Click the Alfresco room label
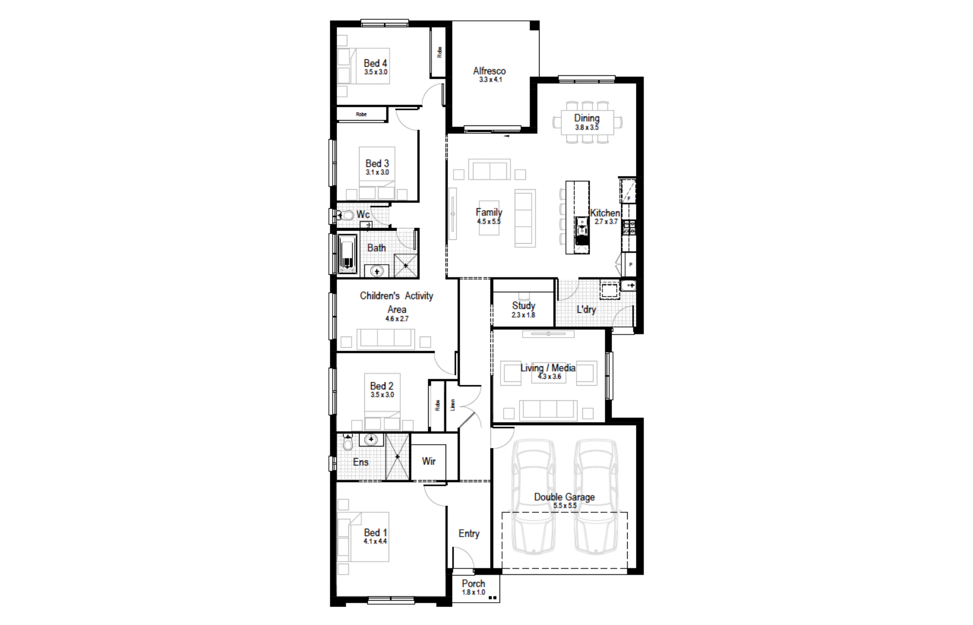tap(489, 71)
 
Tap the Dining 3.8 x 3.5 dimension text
tap(587, 128)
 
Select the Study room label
tap(523, 305)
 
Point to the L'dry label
tap(586, 309)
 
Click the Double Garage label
tap(564, 497)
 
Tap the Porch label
tap(473, 583)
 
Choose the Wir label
tap(429, 461)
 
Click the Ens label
tap(360, 462)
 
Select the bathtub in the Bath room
tap(347, 255)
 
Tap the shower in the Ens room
tap(397, 457)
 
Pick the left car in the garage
tap(534, 496)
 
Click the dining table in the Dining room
tap(587, 123)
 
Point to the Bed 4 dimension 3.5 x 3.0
tap(376, 72)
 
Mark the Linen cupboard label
tap(452, 405)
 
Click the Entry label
tap(469, 534)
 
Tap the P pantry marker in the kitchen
tap(631, 265)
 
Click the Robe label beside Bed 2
tap(437, 406)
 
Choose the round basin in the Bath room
tap(376, 270)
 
